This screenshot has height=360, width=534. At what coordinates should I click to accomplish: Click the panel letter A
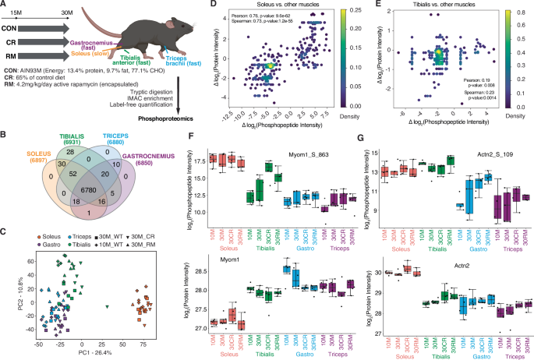(x=5, y=5)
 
